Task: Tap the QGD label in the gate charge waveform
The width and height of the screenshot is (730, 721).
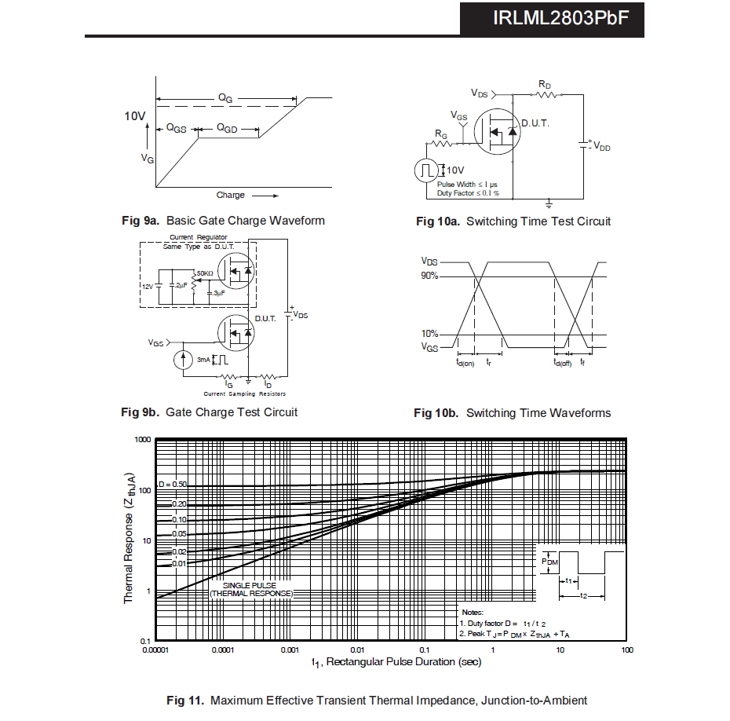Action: click(x=227, y=128)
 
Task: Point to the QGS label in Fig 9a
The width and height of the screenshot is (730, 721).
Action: click(x=176, y=128)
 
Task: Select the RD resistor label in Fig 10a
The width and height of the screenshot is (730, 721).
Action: click(x=545, y=84)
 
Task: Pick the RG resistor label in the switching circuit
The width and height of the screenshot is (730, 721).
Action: click(x=441, y=136)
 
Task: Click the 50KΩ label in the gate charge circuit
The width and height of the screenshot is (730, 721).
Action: click(x=204, y=273)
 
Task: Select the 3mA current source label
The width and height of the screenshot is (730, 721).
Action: click(x=203, y=360)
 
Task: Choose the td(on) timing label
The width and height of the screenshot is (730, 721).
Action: click(x=465, y=363)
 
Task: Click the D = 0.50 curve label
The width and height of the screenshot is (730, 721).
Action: click(x=172, y=485)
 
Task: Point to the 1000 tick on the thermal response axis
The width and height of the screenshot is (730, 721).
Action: click(x=141, y=440)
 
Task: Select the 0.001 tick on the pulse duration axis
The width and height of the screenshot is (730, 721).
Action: click(x=290, y=650)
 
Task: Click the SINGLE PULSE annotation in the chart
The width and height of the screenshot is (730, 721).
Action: click(x=250, y=586)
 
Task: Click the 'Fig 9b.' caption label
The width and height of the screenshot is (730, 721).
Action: click(x=141, y=412)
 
